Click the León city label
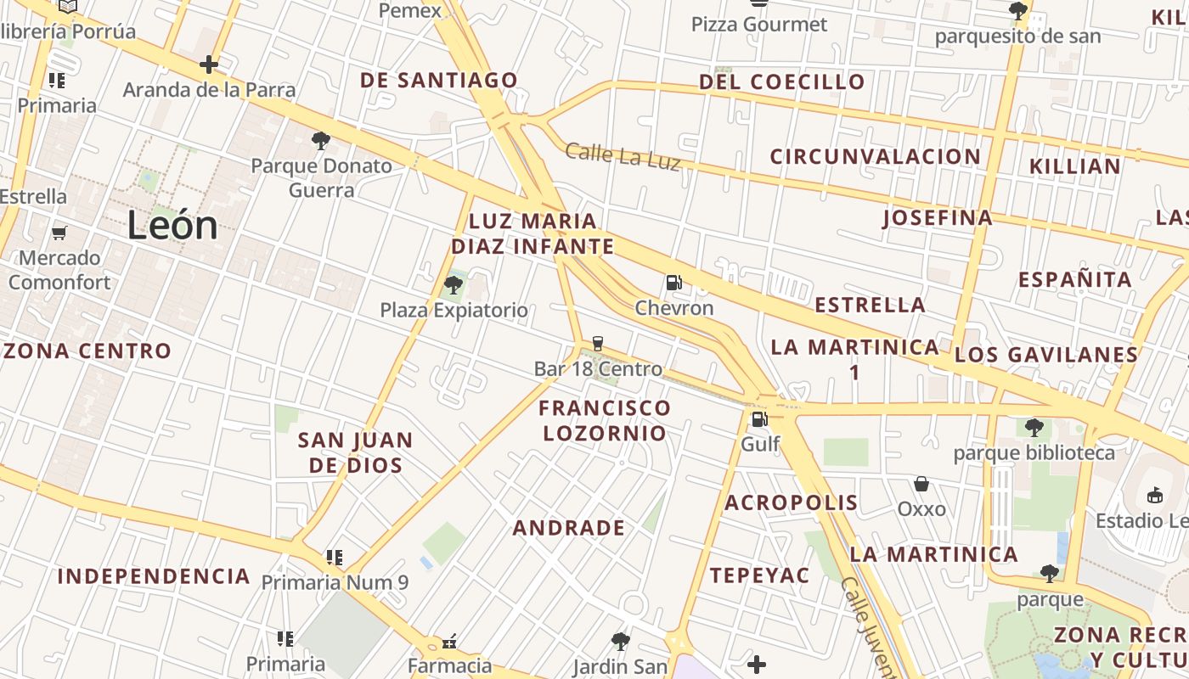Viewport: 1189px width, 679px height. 172,226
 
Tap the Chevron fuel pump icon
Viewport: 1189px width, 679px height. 673,282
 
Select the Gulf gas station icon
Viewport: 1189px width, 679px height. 759,419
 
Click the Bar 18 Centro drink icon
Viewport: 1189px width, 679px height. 598,344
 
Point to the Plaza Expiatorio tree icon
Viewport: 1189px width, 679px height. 454,285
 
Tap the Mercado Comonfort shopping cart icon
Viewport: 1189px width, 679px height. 59,233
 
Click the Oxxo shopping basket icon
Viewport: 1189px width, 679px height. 921,484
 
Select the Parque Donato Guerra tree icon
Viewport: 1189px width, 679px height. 321,140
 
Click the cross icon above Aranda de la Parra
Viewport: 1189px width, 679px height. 209,65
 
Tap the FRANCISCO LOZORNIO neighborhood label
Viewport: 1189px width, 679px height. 605,420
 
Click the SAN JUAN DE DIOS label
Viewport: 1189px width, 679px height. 355,452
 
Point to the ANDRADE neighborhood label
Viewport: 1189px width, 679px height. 569,528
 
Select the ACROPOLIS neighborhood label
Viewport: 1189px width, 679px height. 792,502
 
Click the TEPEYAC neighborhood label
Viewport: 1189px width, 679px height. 760,575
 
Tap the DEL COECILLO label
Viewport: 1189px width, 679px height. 782,82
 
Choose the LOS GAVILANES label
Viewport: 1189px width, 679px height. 1046,355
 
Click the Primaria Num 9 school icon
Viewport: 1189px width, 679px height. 335,558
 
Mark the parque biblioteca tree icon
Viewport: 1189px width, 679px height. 1034,427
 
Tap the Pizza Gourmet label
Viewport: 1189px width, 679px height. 758,25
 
